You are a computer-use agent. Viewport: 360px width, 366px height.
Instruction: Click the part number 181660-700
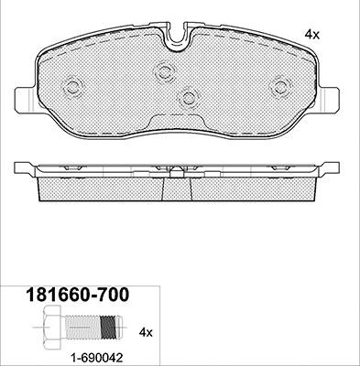[x=78, y=295]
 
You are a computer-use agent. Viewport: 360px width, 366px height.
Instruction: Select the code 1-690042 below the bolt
[x=97, y=357]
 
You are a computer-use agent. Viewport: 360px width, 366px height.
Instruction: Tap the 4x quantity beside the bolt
[x=146, y=332]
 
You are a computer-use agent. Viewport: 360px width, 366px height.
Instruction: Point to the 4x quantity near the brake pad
[x=311, y=36]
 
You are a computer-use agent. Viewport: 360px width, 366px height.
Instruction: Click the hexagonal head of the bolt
[x=53, y=328]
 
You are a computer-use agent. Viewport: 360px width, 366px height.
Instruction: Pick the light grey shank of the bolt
[x=82, y=327]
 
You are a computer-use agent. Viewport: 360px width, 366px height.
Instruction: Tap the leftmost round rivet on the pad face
[x=72, y=88]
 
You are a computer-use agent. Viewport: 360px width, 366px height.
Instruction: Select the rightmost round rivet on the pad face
[x=279, y=87]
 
